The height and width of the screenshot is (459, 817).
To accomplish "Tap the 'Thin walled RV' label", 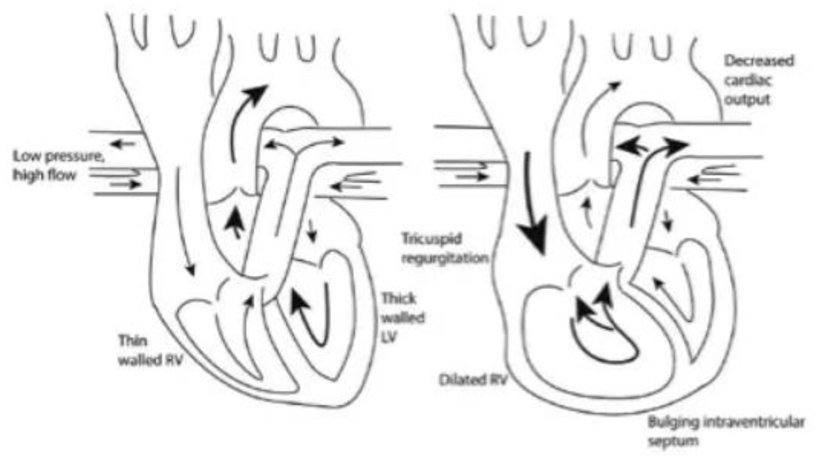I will click(x=150, y=350).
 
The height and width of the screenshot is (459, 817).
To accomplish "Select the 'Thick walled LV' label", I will click(x=403, y=317).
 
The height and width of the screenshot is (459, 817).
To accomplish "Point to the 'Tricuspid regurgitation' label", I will click(x=444, y=248).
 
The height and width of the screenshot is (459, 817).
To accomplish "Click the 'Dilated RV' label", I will click(x=473, y=380).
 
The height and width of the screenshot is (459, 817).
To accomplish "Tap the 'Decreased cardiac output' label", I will click(x=758, y=80).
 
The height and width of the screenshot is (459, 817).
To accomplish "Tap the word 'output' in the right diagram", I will click(x=747, y=100).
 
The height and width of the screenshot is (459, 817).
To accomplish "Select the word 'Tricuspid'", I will click(x=431, y=239).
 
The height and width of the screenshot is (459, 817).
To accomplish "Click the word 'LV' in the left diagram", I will click(x=389, y=337).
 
